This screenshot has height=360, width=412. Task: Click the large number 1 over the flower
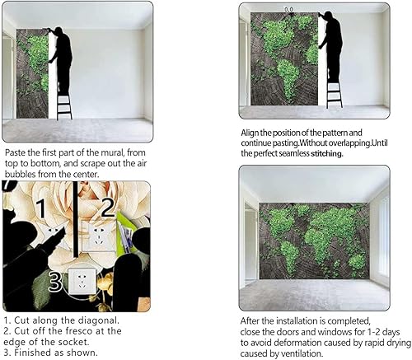[40, 211]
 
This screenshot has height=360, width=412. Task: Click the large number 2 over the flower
[108, 208]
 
